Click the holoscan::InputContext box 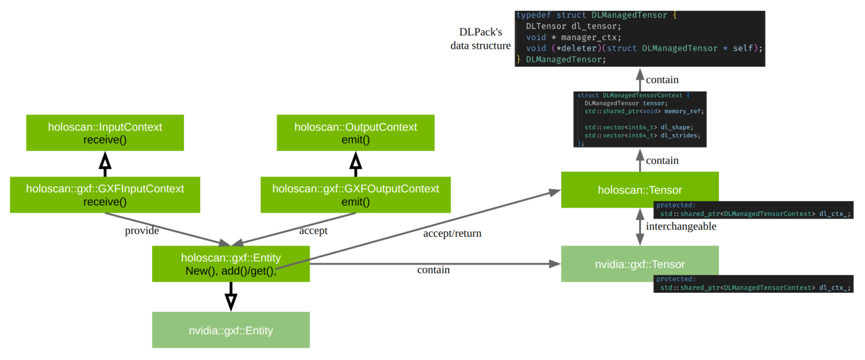pos(105,133)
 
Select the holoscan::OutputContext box pos(356,133)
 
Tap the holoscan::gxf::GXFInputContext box pos(105,195)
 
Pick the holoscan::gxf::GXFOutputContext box pos(356,195)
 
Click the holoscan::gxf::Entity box pos(231,264)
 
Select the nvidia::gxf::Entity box pos(231,330)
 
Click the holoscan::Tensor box pos(640,190)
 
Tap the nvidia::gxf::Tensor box pos(640,264)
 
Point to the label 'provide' pos(142,231)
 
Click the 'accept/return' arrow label pos(452,233)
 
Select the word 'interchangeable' pos(681,227)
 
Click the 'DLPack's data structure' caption pos(481,38)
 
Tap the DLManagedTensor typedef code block pos(640,38)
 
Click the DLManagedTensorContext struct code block pos(640,119)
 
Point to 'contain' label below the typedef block pos(662,79)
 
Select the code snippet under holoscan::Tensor pos(753,209)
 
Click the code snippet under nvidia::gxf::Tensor pos(753,284)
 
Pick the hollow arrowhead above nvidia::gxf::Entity pos(231,301)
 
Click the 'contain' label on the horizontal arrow pos(433,270)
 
